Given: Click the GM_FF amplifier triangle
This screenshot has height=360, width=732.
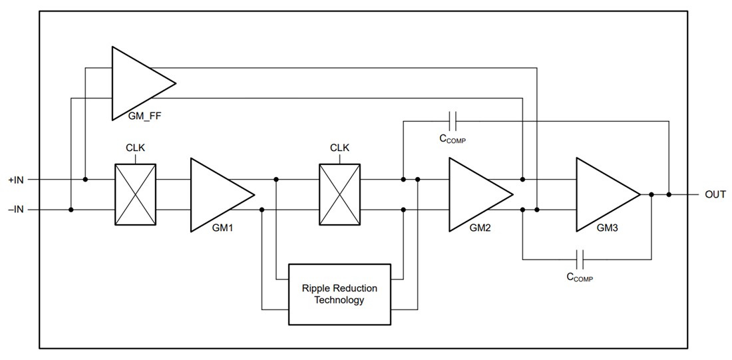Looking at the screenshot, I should pos(136,83).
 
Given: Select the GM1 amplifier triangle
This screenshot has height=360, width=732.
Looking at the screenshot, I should pos(216,194).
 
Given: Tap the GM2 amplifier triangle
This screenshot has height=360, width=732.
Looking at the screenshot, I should pos(474,194).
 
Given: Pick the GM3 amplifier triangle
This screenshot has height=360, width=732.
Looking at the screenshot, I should pos(602,194).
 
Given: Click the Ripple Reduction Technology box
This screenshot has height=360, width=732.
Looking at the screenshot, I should pos(339,294).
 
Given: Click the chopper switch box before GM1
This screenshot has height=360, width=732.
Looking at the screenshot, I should pos(136,194).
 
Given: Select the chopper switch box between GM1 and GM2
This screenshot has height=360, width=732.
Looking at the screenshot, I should pos(340,194).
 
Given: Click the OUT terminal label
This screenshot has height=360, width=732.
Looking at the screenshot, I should pos(715,195).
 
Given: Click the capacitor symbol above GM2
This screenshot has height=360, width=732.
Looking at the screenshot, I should pos(453,121).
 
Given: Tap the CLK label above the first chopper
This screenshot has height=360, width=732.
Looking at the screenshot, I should pos(136,148).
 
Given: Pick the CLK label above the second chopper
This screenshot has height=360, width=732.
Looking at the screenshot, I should pos(340,148).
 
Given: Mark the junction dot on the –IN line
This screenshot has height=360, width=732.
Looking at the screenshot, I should pos(71,210).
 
